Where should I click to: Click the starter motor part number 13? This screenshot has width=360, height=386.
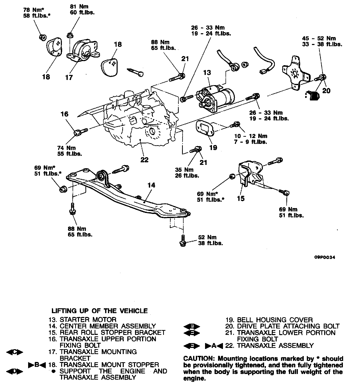click(x=207, y=73)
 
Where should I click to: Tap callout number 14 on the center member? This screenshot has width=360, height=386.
click(x=151, y=185)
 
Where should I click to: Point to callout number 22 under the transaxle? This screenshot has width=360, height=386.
click(x=144, y=160)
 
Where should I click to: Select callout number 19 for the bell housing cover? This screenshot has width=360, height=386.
click(x=213, y=147)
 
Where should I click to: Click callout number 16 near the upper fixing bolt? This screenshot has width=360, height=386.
click(x=64, y=114)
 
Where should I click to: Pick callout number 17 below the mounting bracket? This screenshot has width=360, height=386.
click(x=69, y=77)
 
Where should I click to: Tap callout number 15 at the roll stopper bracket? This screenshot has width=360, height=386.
click(x=241, y=198)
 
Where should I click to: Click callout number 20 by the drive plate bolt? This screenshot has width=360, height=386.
click(x=326, y=90)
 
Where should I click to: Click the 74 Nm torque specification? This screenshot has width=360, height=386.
click(x=66, y=148)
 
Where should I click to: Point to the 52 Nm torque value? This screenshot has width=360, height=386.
click(x=207, y=237)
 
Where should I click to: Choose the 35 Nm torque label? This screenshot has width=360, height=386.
click(x=184, y=170)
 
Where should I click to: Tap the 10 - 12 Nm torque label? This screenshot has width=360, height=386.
click(x=251, y=136)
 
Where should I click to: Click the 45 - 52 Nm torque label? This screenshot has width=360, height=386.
click(x=319, y=38)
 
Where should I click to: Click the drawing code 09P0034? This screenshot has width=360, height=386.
click(x=324, y=257)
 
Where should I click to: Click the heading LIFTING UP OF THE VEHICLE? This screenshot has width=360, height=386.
click(x=100, y=311)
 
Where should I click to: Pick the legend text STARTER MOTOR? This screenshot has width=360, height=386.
click(x=88, y=320)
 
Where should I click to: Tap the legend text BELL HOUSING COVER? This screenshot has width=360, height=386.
click(x=275, y=320)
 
